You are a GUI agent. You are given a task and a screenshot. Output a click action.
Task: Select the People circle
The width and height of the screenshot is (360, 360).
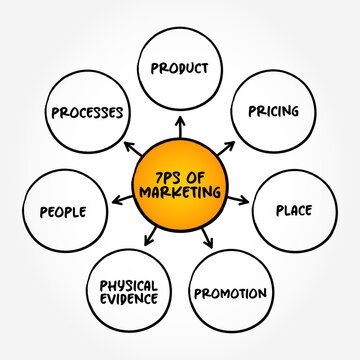coord(63,211)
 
